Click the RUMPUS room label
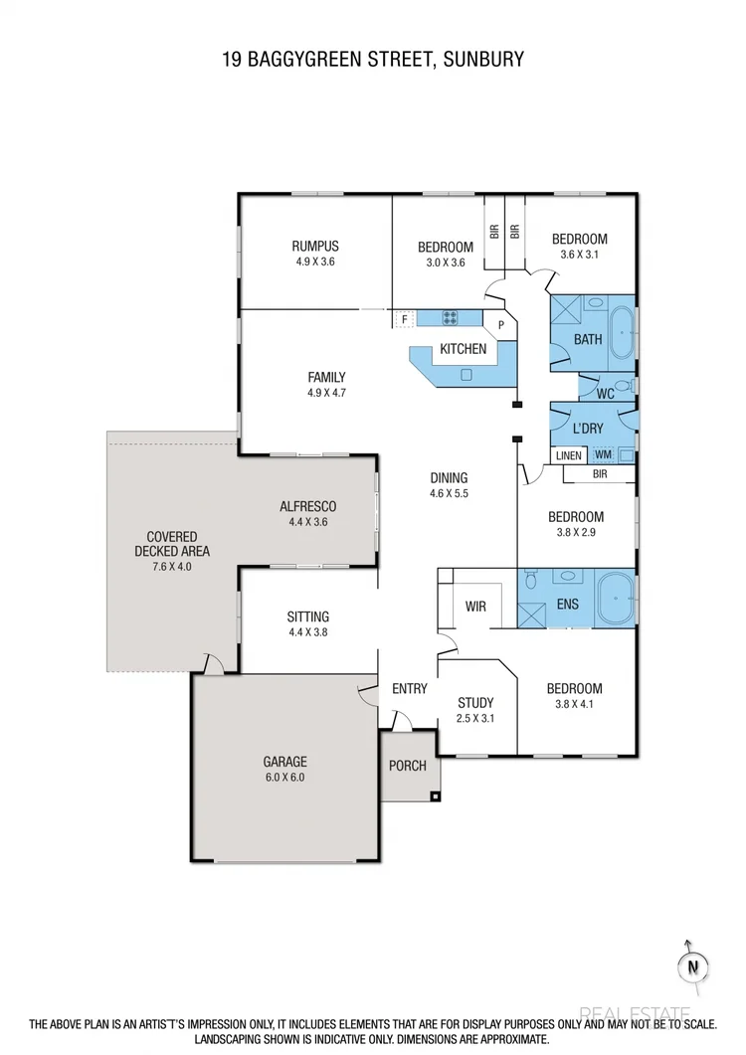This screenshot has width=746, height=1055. pyautogui.click(x=315, y=247)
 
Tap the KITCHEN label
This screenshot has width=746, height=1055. pyautogui.click(x=464, y=349)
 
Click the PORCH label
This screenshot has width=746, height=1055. pyautogui.click(x=408, y=766)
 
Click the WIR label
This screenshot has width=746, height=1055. pyautogui.click(x=475, y=606)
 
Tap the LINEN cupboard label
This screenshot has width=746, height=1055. pyautogui.click(x=568, y=455)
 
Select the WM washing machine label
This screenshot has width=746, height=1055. pyautogui.click(x=603, y=455)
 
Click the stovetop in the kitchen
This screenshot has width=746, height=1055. pyautogui.click(x=450, y=318)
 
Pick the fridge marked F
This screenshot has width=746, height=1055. pyautogui.click(x=404, y=319)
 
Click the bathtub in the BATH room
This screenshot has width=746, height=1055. pyautogui.click(x=623, y=332)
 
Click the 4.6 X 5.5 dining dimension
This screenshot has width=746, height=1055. pyautogui.click(x=448, y=492)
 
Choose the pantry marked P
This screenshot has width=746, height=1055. pyautogui.click(x=501, y=324)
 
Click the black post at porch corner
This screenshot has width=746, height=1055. pyautogui.click(x=434, y=795)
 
